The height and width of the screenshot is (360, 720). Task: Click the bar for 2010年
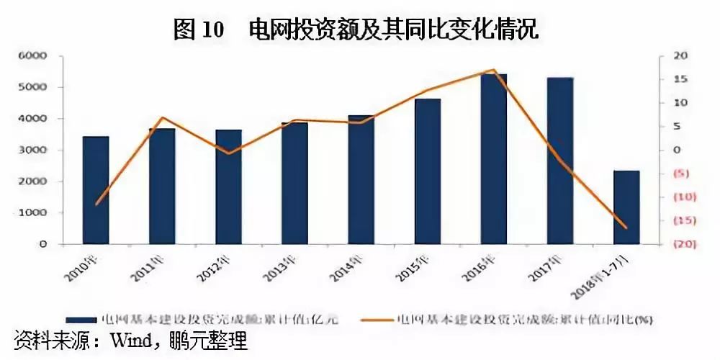tap(96, 190)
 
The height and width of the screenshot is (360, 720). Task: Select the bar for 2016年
tap(494, 159)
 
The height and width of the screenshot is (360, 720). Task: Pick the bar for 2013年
tap(294, 183)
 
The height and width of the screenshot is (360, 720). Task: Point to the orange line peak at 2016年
tap(494, 70)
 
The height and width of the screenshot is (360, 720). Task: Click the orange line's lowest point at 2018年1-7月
tap(626, 228)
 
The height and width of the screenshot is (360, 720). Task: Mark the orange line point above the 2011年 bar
tap(162, 117)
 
